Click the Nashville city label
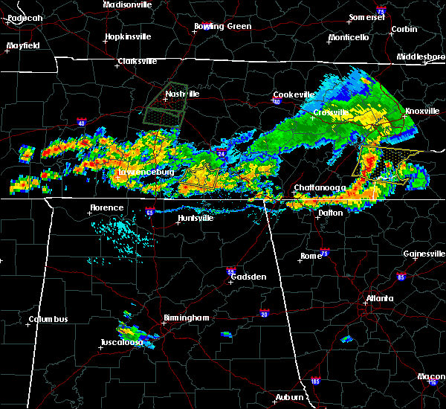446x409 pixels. coord(182,94)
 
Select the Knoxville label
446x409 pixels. coord(421,112)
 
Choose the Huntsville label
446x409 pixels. coord(195,218)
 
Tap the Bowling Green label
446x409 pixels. coord(223,27)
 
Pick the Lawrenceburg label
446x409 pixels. coord(146,173)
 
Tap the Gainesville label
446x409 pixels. coord(424,254)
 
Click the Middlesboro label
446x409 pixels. coord(421,57)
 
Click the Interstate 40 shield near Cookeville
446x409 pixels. coord(275,102)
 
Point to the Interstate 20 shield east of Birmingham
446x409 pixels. coord(264,314)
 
